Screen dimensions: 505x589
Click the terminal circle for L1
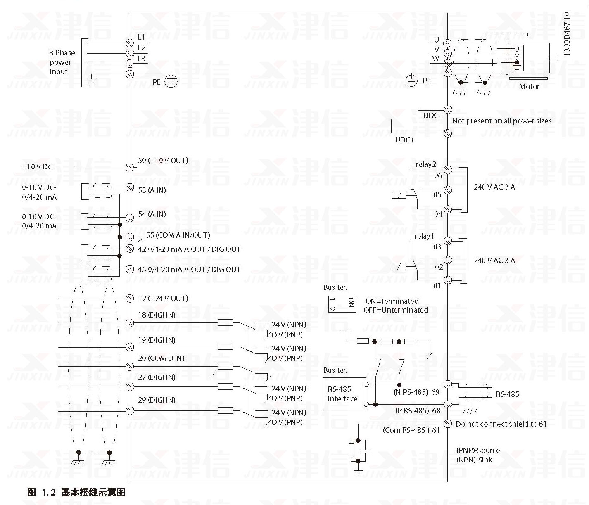click(x=130, y=43)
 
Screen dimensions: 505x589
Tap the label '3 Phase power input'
click(x=62, y=62)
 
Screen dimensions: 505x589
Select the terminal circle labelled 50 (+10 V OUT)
click(x=130, y=167)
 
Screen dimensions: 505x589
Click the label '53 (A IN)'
click(x=152, y=190)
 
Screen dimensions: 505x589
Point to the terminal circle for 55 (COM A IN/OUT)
click(x=130, y=237)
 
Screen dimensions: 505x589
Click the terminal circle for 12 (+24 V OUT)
click(x=130, y=299)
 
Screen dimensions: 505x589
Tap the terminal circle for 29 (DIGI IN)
click(x=130, y=410)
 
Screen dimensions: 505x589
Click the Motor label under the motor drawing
click(x=529, y=87)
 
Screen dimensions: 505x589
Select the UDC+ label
click(x=404, y=140)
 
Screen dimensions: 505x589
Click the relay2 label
click(x=425, y=164)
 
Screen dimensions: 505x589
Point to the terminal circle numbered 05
click(x=448, y=190)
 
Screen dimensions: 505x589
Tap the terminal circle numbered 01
click(x=448, y=280)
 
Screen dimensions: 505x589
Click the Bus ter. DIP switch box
click(x=342, y=304)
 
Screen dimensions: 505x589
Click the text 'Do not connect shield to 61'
click(x=501, y=424)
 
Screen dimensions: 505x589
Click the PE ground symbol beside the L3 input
click(x=171, y=81)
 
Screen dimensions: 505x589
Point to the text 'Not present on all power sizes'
click(x=501, y=121)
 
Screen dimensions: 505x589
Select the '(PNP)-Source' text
click(x=478, y=450)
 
